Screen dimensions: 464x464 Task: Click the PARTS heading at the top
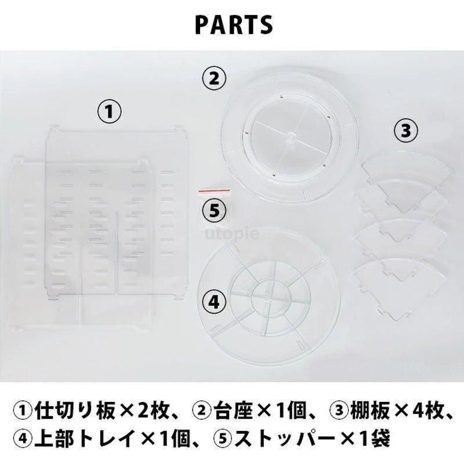[234, 25]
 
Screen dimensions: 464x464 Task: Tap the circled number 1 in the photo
[110, 112]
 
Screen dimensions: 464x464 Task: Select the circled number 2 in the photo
[214, 79]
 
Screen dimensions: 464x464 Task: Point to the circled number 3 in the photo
[405, 130]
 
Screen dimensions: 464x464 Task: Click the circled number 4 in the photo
[214, 302]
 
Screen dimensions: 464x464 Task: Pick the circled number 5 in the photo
[214, 211]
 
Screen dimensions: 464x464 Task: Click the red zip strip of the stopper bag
[214, 191]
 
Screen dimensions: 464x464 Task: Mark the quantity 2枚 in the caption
[154, 411]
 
